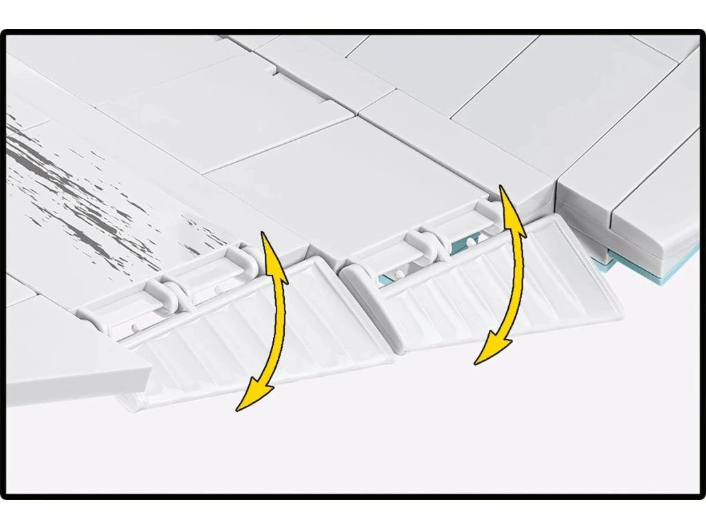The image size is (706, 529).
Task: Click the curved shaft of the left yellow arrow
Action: pos(279,324)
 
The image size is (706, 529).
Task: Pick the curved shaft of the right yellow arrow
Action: pos(518,276)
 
